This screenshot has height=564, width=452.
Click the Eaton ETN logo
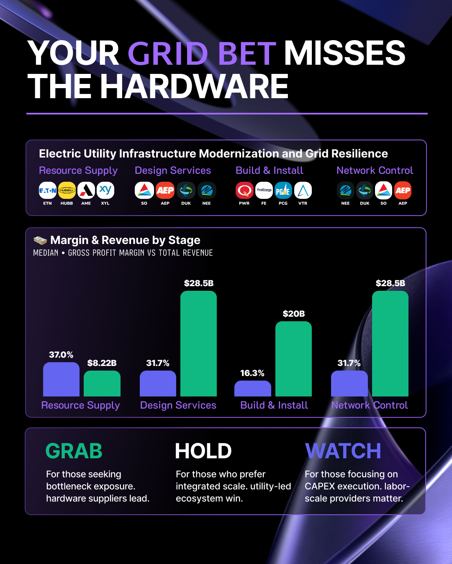(x=48, y=190)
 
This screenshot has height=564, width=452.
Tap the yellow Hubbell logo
(x=67, y=190)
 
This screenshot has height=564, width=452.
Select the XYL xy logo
(x=105, y=190)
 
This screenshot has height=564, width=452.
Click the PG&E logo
(x=283, y=190)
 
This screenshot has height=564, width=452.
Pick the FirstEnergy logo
(x=264, y=190)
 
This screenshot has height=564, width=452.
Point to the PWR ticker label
(x=244, y=203)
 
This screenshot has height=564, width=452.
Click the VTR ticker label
(x=303, y=203)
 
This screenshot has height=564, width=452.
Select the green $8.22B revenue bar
(x=102, y=384)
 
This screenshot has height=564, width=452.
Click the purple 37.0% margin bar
(x=61, y=379)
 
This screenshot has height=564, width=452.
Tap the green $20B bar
(x=294, y=359)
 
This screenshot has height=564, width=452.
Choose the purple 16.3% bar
(x=253, y=389)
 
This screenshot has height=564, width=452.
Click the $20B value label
(x=294, y=313)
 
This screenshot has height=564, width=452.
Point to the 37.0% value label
(x=61, y=355)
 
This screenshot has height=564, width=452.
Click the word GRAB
(x=74, y=451)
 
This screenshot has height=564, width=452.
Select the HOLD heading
(x=203, y=451)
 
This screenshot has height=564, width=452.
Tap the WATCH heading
(x=343, y=451)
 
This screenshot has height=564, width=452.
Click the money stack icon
(x=40, y=240)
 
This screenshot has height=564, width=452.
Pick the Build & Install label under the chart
(x=274, y=405)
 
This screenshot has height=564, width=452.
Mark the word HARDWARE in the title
(x=194, y=86)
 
